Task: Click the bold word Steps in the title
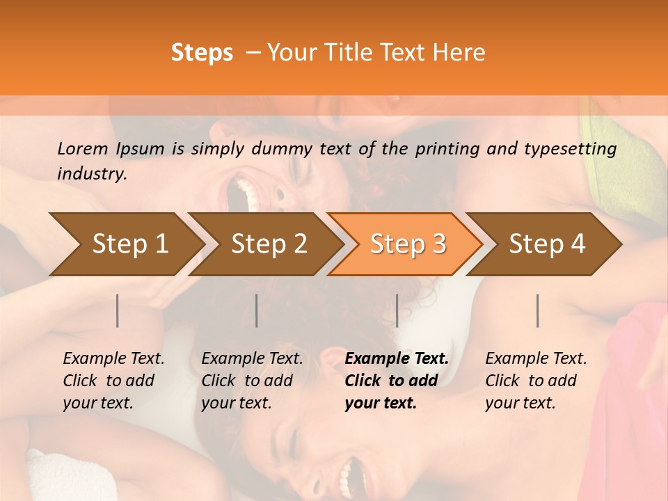pyautogui.click(x=202, y=53)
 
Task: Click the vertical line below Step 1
pyautogui.click(x=118, y=310)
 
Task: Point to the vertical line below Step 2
pyautogui.click(x=257, y=310)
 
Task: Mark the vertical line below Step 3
pyautogui.click(x=397, y=310)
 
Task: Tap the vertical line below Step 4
pyautogui.click(x=538, y=310)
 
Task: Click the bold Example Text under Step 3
pyautogui.click(x=397, y=359)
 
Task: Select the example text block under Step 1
pyautogui.click(x=113, y=381)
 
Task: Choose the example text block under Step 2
pyautogui.click(x=252, y=381)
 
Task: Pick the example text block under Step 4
pyautogui.click(x=536, y=381)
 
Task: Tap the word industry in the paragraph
pyautogui.click(x=91, y=174)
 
